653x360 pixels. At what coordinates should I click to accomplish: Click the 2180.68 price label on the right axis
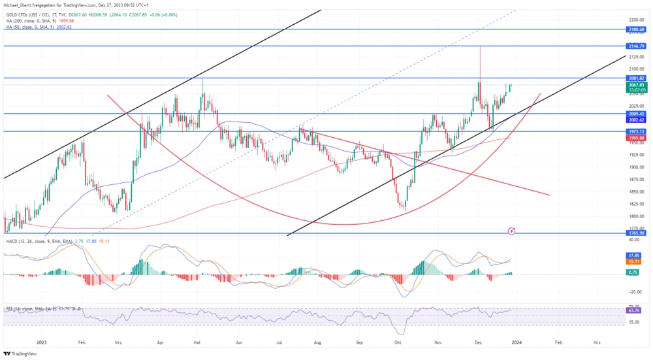tap(635, 29)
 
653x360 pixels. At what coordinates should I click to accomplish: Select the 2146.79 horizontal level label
tap(635, 46)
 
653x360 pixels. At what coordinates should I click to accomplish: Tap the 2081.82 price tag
tap(635, 78)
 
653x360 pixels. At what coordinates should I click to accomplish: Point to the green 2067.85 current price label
tap(635, 85)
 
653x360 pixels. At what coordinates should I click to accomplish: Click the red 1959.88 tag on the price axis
tap(635, 138)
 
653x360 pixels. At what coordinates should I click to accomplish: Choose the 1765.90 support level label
tap(635, 233)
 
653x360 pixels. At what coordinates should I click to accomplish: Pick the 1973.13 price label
tap(635, 131)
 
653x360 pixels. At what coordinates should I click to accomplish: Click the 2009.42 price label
tap(635, 113)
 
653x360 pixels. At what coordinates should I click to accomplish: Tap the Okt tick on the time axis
tap(398, 342)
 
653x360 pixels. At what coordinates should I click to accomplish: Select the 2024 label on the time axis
tap(516, 342)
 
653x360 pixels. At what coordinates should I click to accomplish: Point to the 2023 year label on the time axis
tap(42, 342)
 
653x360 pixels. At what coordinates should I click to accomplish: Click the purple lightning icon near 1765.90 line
tap(512, 231)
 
